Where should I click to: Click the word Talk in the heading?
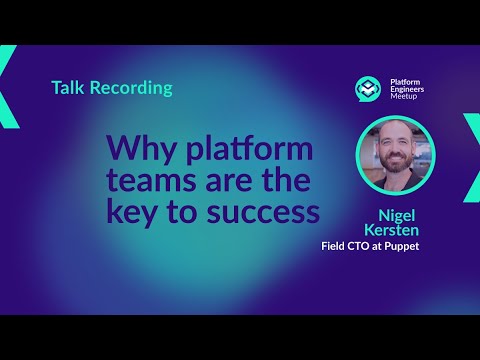pos(68,88)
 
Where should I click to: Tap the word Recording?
pos(130,88)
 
